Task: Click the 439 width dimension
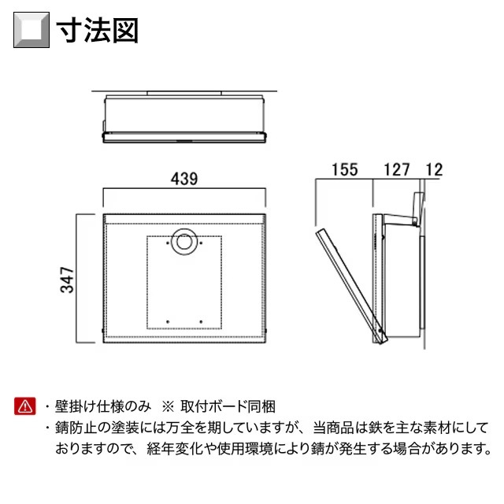pos(184,179)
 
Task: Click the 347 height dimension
pos(67,280)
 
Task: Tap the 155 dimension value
pos(345,169)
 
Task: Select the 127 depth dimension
pos(397,169)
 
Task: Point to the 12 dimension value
pos(434,169)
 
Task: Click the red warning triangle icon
pos(24,406)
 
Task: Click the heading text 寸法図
pos(98,31)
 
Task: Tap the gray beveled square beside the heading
pos(31,30)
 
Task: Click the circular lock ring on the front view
pos(183,242)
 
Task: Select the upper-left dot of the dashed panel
pos(168,243)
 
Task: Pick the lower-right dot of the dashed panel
pos(201,322)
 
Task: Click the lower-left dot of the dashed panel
pos(168,322)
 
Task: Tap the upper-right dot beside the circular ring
pos(201,243)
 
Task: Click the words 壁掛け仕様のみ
pos(103,406)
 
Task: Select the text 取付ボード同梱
pos(228,406)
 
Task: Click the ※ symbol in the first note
pos(168,406)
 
